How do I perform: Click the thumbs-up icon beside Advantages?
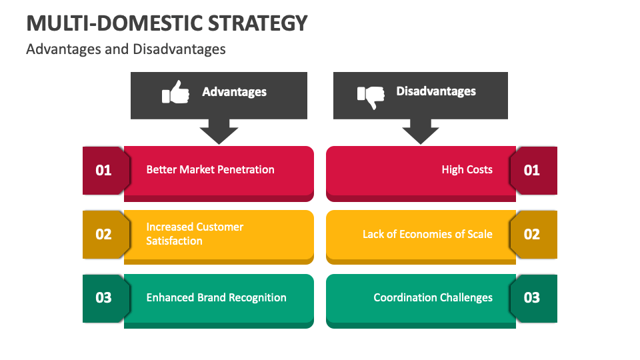(x=175, y=92)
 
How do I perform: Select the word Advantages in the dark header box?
(x=234, y=92)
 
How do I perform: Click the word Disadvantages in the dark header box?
(x=436, y=91)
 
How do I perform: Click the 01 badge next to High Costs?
(x=533, y=170)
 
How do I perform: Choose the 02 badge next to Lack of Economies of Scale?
(x=533, y=234)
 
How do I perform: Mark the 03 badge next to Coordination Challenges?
(x=533, y=298)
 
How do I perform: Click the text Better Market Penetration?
(x=210, y=169)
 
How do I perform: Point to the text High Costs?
(x=467, y=169)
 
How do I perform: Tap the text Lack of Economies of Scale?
(x=427, y=234)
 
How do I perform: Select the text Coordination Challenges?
(x=433, y=297)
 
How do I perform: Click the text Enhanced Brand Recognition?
(x=216, y=297)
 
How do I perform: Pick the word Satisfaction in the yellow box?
(x=174, y=241)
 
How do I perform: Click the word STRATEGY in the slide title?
(x=257, y=23)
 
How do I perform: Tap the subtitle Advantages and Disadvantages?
(x=126, y=49)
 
